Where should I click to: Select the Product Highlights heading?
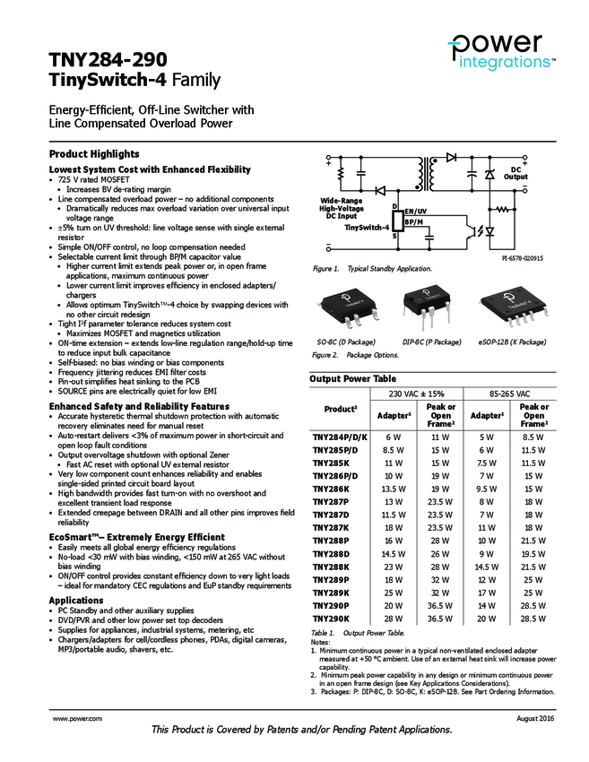pos(94,154)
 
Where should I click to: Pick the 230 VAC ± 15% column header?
pos(417,394)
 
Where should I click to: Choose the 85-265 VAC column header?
pos(512,394)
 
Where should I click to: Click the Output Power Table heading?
pos(352,379)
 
